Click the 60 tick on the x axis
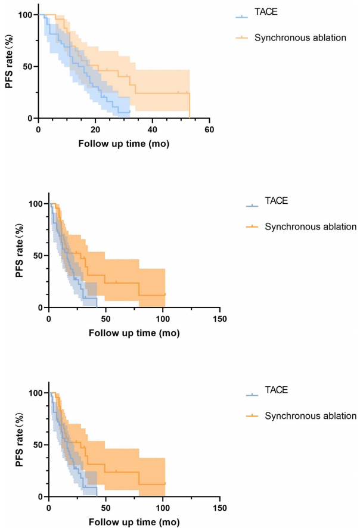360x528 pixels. coord(209,129)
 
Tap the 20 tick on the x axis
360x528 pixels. coord(95,129)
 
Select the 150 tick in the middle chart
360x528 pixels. coord(220,319)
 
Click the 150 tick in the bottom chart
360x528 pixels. coord(220,508)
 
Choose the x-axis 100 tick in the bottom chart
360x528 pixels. coord(163,508)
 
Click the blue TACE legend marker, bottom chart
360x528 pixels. coord(253,395)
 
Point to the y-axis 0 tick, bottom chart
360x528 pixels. coord(41,496)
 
